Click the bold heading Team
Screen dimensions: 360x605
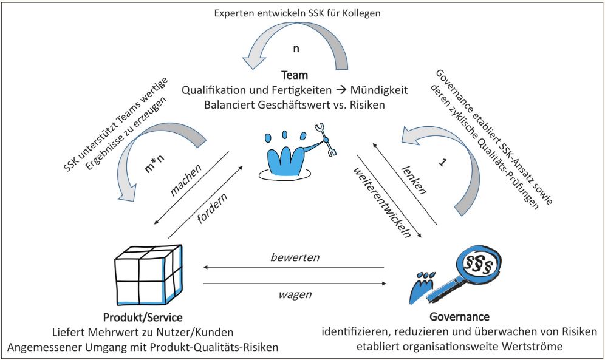[295, 76]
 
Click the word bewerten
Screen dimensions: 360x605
[295, 257]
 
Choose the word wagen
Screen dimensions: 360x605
[295, 294]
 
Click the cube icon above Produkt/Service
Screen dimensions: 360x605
[148, 274]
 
